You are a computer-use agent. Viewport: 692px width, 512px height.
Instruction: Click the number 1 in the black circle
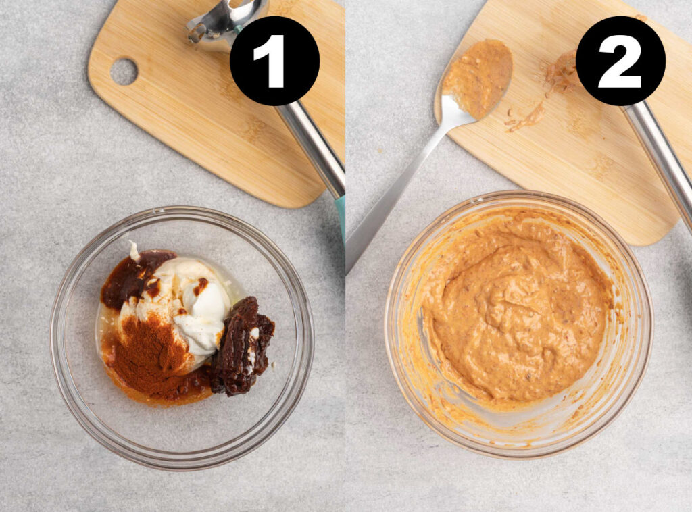pyautogui.click(x=274, y=61)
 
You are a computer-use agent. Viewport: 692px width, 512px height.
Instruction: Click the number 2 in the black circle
pyautogui.click(x=620, y=61)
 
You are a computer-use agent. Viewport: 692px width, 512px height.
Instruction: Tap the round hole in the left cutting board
pyautogui.click(x=124, y=72)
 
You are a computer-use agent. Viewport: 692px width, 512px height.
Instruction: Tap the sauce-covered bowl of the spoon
pyautogui.click(x=476, y=78)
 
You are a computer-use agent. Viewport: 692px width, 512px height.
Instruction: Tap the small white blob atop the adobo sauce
pyautogui.click(x=134, y=252)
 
